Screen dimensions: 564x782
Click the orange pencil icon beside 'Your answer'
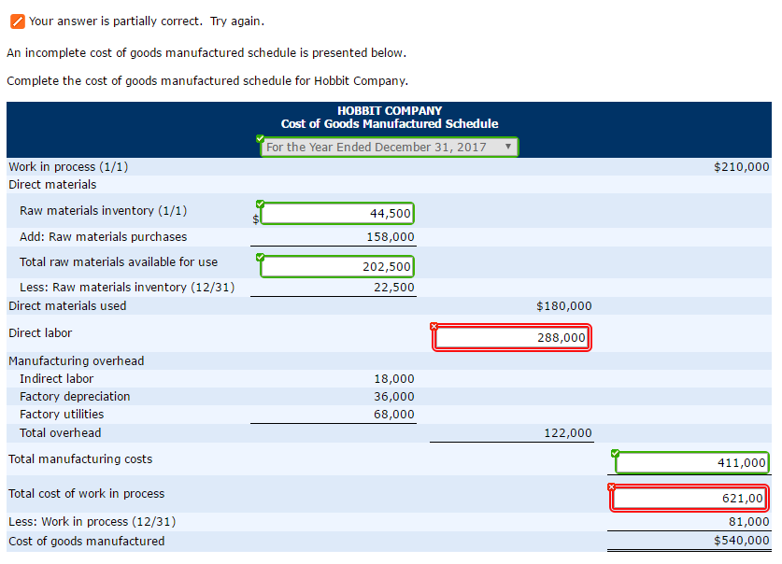17,21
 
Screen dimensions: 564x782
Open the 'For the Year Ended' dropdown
389,148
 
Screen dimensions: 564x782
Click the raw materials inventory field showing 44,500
337,214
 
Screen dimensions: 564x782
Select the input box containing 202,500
337,267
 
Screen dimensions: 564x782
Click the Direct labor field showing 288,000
512,338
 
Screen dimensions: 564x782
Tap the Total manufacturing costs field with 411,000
691,462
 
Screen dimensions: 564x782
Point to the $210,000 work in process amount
741,167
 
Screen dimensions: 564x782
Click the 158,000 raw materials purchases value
391,237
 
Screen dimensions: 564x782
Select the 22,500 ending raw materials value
394,288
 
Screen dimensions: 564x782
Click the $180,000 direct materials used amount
564,306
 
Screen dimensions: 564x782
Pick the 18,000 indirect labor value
394,379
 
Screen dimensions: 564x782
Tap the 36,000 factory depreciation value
394,397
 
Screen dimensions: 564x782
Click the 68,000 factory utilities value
394,415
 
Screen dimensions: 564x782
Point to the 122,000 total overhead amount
568,433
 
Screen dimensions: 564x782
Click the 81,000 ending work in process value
749,522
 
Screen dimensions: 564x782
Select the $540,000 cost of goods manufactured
742,541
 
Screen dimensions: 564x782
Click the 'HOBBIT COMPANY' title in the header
390,110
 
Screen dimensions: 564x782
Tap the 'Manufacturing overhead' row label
77,361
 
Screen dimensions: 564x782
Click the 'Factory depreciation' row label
75,397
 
